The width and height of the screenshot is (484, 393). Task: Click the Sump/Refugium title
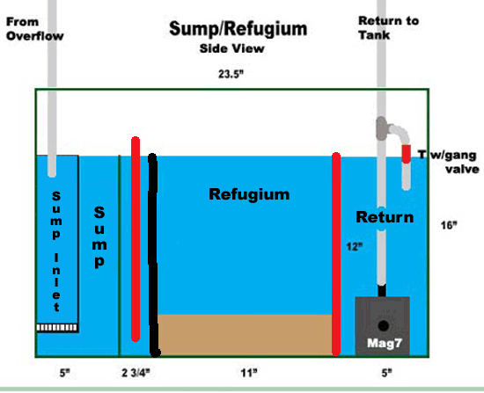click(x=238, y=29)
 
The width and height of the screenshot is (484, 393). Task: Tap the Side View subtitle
click(x=231, y=48)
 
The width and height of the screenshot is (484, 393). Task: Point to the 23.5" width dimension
click(x=231, y=74)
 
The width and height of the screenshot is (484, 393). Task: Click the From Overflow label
click(x=35, y=29)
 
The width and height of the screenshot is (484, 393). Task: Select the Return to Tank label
click(x=388, y=28)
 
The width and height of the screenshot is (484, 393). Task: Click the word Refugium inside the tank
click(x=249, y=194)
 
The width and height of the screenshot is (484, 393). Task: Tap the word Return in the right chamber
click(x=385, y=217)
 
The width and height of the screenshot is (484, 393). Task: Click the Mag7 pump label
click(x=385, y=343)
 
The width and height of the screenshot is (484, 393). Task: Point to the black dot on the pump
click(x=384, y=325)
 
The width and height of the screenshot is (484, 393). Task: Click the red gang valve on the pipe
click(x=407, y=154)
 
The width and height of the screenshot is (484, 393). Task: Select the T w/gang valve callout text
click(x=449, y=162)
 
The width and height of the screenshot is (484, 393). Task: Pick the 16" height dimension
click(x=449, y=225)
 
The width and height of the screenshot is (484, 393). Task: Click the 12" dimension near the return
click(x=354, y=246)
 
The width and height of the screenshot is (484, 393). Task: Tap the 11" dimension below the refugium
click(x=249, y=374)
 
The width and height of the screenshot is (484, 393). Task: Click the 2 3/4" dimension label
click(x=136, y=373)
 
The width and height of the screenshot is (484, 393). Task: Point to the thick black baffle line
click(x=153, y=255)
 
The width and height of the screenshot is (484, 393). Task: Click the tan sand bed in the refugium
click(x=245, y=335)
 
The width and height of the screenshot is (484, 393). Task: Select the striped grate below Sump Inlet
click(x=57, y=328)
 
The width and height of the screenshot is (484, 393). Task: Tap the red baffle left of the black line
click(x=136, y=239)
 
